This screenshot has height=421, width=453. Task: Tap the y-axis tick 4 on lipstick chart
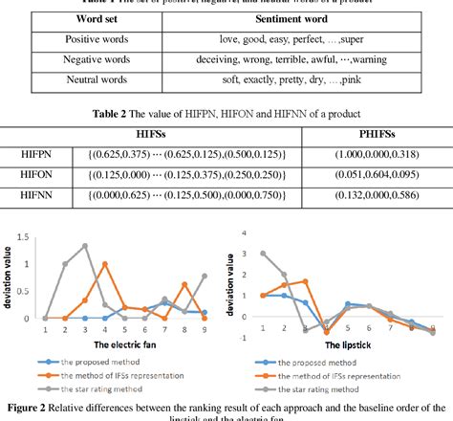(247, 233)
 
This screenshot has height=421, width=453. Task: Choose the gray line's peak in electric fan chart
(85, 246)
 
